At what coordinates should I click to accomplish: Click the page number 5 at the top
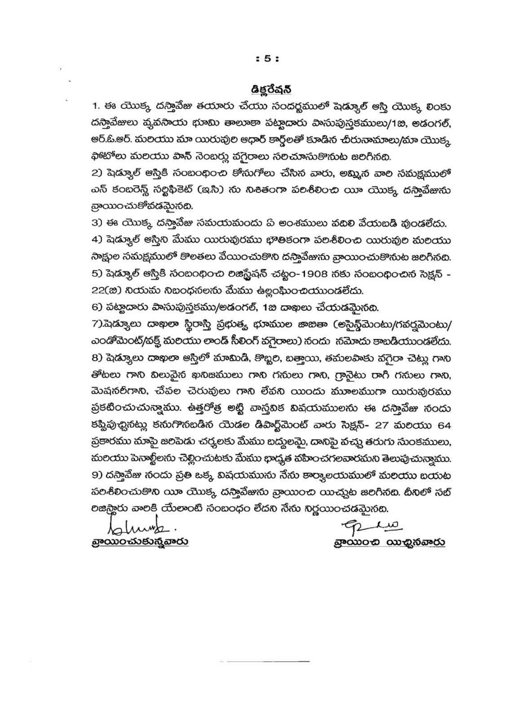pyautogui.click(x=267, y=59)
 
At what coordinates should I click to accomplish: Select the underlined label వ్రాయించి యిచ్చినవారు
pyautogui.click(x=389, y=542)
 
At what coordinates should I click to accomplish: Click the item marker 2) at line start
pyautogui.click(x=97, y=173)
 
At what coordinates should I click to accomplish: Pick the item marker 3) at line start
pyautogui.click(x=97, y=224)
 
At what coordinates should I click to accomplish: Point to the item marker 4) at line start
pyautogui.click(x=97, y=240)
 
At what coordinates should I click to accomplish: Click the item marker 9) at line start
pyautogui.click(x=97, y=476)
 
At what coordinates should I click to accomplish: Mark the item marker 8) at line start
pyautogui.click(x=97, y=358)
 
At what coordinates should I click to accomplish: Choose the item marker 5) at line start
pyautogui.click(x=97, y=274)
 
